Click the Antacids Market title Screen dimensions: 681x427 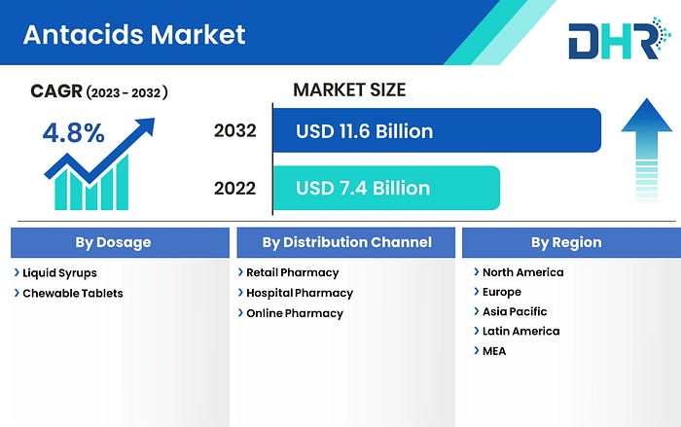[134, 35]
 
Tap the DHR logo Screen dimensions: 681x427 [620, 38]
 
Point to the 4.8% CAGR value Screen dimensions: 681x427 [73, 133]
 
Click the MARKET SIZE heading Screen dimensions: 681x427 [349, 89]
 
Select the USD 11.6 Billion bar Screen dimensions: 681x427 [437, 130]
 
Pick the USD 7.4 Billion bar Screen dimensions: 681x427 [386, 188]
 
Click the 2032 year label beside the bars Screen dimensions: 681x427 [235, 130]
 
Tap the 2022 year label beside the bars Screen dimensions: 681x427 [235, 188]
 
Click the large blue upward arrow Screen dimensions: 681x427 [647, 150]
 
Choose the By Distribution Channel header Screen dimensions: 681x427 [346, 242]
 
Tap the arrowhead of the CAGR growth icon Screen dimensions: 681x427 [147, 125]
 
